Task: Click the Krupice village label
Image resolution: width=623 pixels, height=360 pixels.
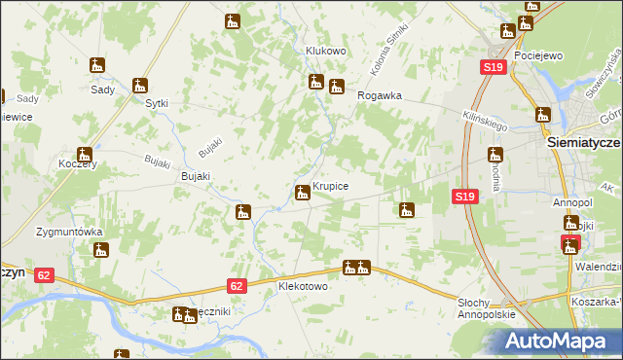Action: pos(331,185)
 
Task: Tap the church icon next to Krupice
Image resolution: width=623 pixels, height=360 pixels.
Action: pos(303,192)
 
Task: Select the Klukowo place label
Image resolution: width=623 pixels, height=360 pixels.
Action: pos(326,51)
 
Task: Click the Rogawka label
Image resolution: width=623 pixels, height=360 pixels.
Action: pos(380,95)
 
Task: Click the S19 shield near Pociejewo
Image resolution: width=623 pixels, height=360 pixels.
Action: pos(494,67)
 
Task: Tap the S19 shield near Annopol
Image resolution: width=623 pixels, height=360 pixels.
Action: pos(464,197)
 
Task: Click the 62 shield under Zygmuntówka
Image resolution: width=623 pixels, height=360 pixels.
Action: pos(44,275)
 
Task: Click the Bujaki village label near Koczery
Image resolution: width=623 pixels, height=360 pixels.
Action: pos(196,176)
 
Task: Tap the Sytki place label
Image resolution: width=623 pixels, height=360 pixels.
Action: pos(157,103)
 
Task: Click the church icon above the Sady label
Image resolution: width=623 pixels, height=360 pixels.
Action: pos(97,66)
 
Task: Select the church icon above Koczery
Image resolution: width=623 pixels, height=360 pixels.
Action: pos(84,154)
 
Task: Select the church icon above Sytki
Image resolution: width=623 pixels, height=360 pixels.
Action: pos(140,85)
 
